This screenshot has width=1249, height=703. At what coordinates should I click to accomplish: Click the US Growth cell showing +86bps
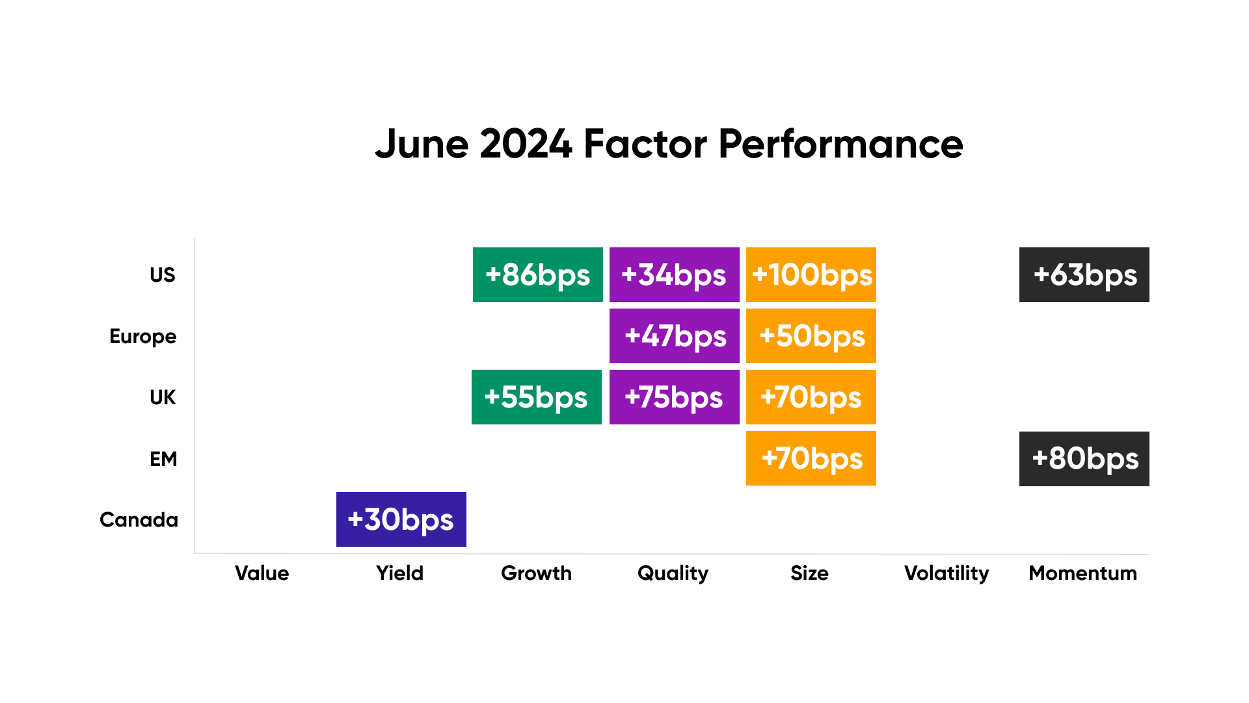[538, 275]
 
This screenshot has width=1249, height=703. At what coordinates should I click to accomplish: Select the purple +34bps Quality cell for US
[675, 275]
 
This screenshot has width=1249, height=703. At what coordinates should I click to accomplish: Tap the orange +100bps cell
[811, 275]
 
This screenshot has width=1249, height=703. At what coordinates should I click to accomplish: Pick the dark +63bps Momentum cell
[1084, 275]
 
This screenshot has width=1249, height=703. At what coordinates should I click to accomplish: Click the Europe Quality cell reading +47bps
[675, 336]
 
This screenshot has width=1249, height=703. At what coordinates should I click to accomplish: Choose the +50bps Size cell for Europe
[811, 336]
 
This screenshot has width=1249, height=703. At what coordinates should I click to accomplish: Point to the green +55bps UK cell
[537, 397]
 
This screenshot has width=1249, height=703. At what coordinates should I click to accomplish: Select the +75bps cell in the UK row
[675, 397]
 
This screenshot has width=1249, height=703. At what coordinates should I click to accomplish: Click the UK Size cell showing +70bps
[811, 397]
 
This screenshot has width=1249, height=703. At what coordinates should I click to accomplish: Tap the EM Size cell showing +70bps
[811, 458]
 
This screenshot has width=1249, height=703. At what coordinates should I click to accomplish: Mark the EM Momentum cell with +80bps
[1084, 459]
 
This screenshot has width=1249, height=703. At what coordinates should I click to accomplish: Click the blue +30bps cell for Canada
[401, 519]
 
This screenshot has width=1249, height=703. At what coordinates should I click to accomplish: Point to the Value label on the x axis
[262, 573]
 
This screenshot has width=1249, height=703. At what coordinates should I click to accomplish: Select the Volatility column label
[947, 574]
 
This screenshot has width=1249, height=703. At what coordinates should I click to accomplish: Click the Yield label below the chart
[400, 573]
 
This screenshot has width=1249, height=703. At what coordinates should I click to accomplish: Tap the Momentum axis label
[1083, 573]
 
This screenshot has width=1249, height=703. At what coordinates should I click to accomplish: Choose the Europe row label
[143, 337]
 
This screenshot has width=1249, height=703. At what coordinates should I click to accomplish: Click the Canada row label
[139, 520]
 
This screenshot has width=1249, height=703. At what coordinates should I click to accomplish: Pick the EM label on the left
[163, 459]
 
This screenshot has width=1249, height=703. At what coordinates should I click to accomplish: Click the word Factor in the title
[645, 144]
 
